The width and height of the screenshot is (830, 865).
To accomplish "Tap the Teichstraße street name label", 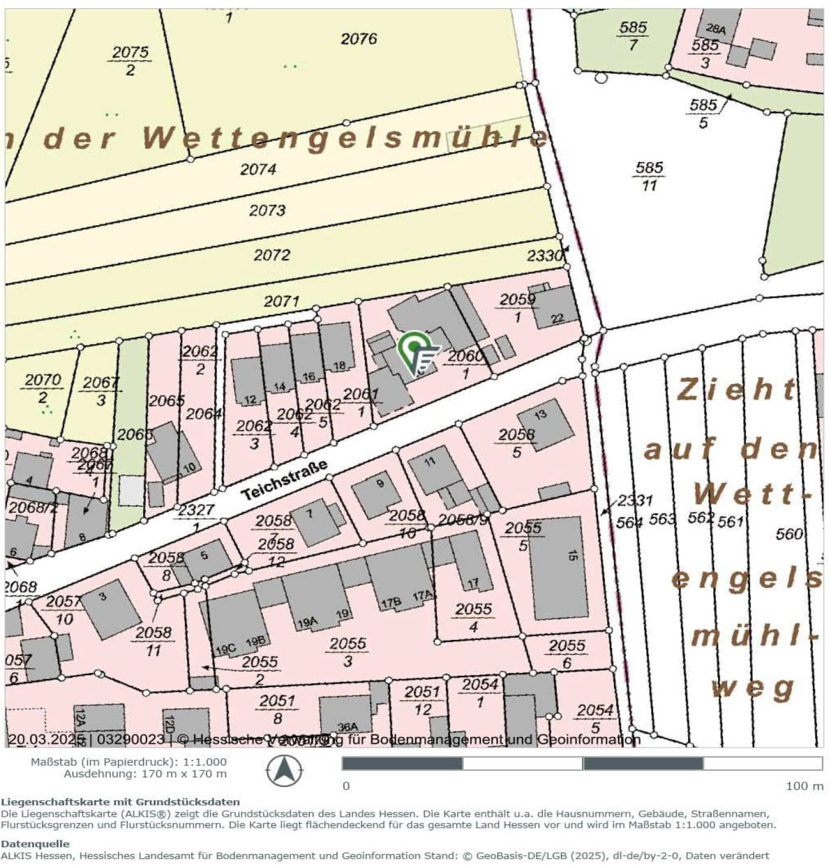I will point(284,480).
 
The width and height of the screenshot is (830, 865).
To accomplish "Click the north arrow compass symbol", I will point(284,771).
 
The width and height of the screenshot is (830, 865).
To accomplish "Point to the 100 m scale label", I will point(804,786).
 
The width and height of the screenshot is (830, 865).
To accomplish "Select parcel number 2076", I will point(358,39).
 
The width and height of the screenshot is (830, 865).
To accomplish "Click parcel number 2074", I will point(258,169).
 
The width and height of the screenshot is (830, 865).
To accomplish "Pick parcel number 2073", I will point(267,210).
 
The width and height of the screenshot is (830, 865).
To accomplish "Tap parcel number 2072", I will point(272,255).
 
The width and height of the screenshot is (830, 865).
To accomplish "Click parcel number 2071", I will point(281,301).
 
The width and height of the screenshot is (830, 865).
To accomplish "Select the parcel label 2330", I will point(545,256).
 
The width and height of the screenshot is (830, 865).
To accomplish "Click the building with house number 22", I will point(555,309).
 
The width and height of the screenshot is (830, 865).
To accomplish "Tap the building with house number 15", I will point(559,567).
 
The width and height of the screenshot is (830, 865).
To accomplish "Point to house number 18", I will point(339,365).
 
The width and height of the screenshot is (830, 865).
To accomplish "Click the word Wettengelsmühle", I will point(344,138).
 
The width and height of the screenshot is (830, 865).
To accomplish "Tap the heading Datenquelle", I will point(35,843).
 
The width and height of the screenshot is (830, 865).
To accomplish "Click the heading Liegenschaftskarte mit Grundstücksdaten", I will point(120,801).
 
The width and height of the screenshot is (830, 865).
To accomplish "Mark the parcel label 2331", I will point(635,501).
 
